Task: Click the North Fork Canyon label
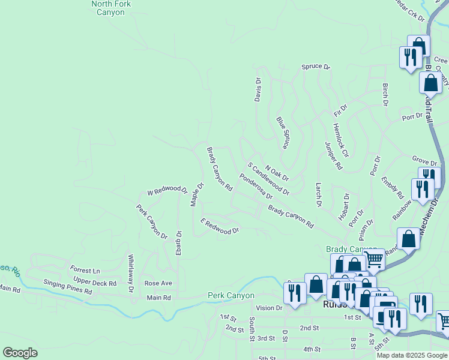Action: coord(108,8)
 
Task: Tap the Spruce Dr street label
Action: coord(316,67)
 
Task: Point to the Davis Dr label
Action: coord(258,89)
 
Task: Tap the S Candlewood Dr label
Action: coord(268,179)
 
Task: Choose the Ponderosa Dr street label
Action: coord(256,187)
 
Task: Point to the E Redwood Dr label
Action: coord(220,226)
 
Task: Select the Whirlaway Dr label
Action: coord(130,274)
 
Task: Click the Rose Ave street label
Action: coord(158,283)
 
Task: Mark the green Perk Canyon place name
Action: coord(231,295)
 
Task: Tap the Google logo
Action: coord(20,353)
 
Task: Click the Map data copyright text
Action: coord(412,355)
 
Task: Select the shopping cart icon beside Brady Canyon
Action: coord(374,260)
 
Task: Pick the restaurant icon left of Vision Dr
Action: coord(294,292)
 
